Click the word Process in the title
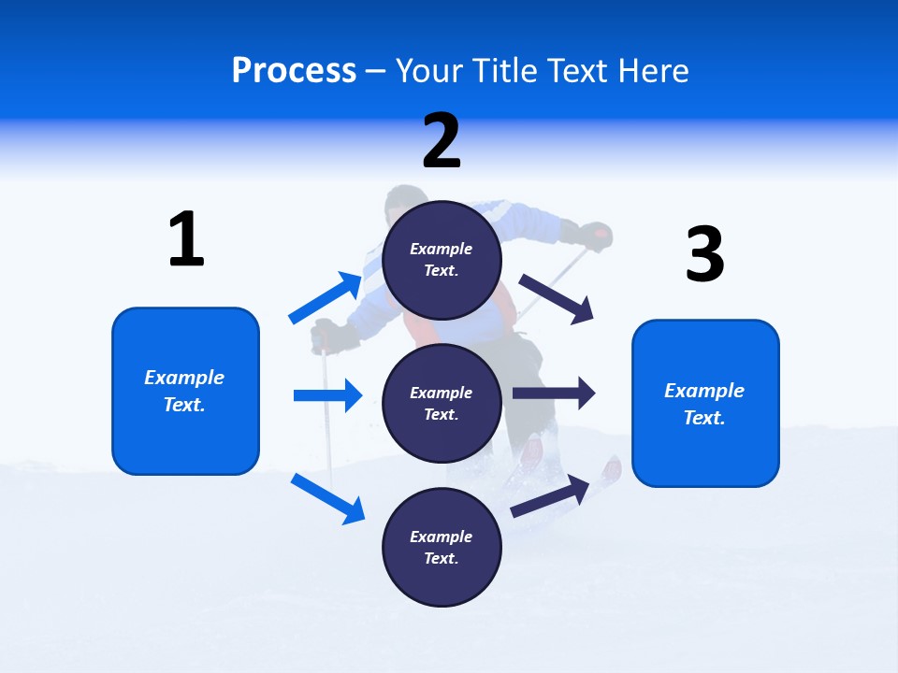[294, 70]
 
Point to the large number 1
[186, 239]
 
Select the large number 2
[442, 141]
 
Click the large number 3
[704, 254]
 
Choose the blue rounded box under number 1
[185, 391]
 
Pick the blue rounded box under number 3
[705, 403]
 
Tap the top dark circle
[442, 260]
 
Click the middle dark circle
[442, 403]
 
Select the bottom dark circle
[442, 547]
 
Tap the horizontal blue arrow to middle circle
[327, 395]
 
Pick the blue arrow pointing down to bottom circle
[327, 497]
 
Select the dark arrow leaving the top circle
[557, 298]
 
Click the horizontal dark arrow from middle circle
[554, 394]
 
